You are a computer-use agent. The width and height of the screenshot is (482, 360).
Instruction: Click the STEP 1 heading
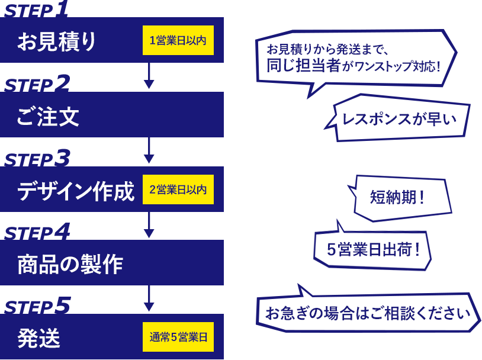coord(36,10)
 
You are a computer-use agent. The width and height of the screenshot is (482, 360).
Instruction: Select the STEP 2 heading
coord(36,84)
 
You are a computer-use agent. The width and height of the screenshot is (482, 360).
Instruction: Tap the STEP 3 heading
coord(36,159)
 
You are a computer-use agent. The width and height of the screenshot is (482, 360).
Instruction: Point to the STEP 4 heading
coord(36,232)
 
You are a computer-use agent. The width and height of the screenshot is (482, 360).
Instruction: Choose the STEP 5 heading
coord(36,306)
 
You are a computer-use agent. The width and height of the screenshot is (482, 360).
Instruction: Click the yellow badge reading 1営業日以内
coord(178,41)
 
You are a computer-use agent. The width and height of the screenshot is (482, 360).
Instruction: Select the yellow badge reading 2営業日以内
coord(178,189)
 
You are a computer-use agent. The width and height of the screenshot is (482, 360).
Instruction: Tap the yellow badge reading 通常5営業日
coord(178,337)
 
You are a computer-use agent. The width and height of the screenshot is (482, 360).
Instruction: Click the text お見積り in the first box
coord(57,41)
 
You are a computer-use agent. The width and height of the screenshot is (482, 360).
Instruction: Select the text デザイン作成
coord(76,190)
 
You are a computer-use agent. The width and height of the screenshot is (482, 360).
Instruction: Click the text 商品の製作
coord(70,263)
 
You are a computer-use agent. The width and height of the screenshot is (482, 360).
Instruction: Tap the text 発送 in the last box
coord(38,338)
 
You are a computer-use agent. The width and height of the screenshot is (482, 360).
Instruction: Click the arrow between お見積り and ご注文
coord(149,76)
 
